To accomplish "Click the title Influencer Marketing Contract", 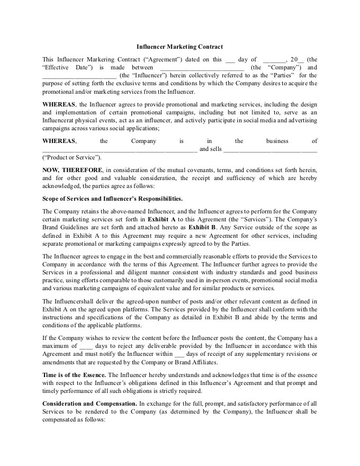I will [179, 47].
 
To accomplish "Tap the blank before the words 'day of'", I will [230, 60].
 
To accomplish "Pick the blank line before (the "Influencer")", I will [79, 76].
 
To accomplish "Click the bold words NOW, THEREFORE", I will [72, 170].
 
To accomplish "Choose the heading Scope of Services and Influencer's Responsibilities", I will [112, 199].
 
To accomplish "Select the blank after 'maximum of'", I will [85, 346].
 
